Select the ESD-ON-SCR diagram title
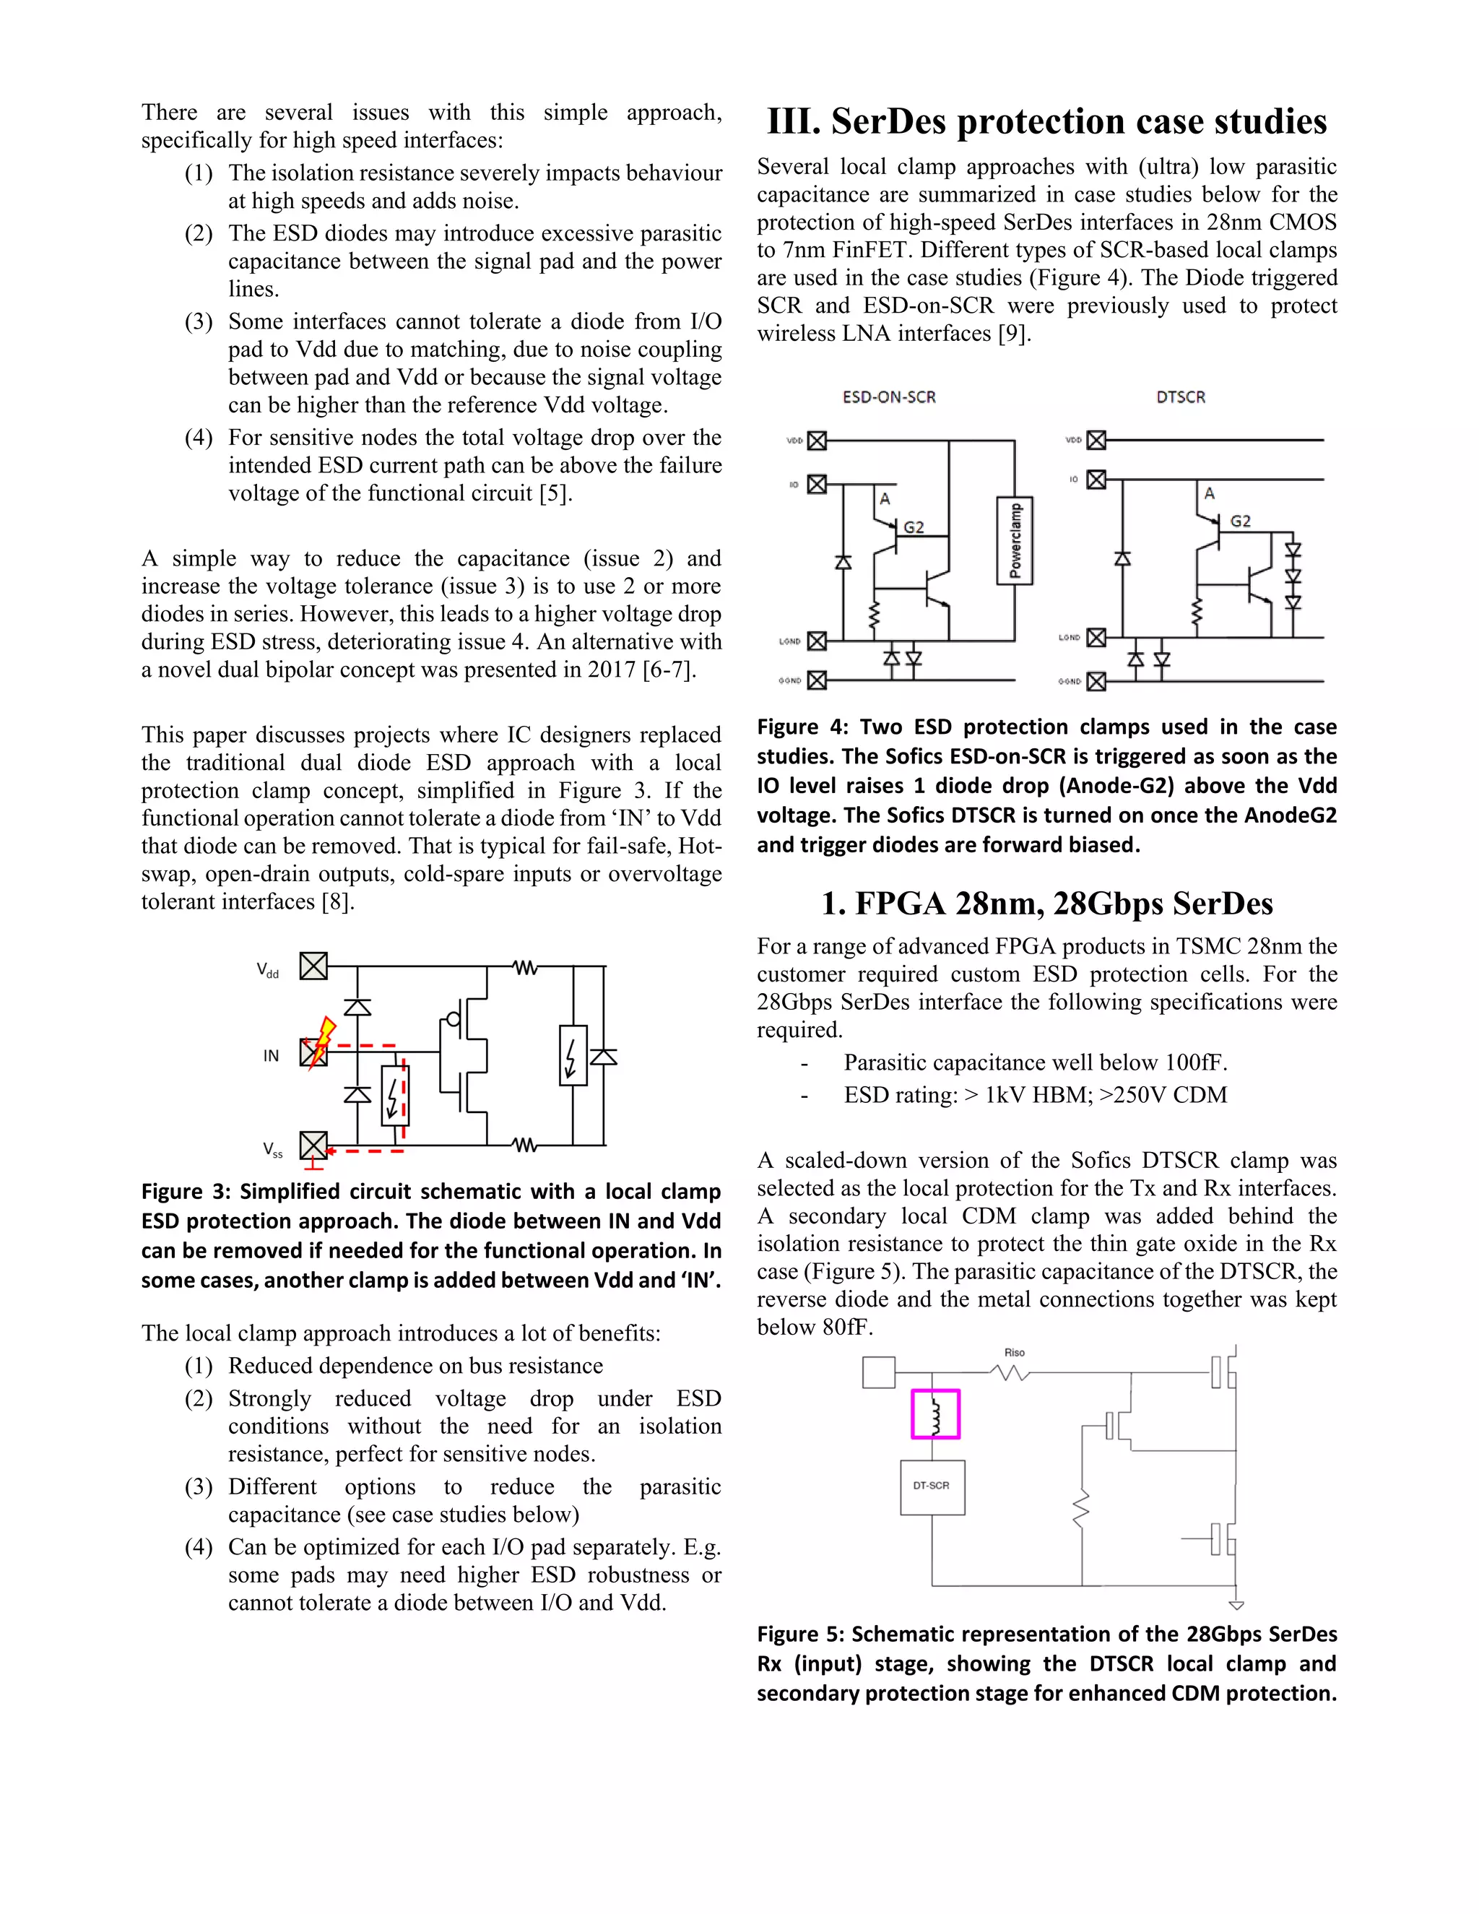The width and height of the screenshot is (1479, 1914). pyautogui.click(x=888, y=397)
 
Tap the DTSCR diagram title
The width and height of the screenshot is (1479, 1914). pyautogui.click(x=1180, y=397)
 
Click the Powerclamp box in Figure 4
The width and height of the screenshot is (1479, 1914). pyautogui.click(x=1015, y=541)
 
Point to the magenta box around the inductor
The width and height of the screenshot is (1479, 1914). pyautogui.click(x=935, y=1413)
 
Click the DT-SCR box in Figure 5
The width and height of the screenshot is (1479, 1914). pyautogui.click(x=932, y=1486)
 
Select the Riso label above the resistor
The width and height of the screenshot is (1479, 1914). pyautogui.click(x=1014, y=1352)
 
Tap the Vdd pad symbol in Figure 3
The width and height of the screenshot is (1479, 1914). pyautogui.click(x=313, y=966)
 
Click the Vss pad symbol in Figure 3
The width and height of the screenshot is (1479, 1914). pyautogui.click(x=313, y=1146)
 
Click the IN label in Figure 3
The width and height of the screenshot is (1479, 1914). pyautogui.click(x=271, y=1056)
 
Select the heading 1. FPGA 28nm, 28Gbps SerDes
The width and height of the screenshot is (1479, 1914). pyautogui.click(x=1046, y=904)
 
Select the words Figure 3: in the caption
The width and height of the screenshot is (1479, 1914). pyautogui.click(x=185, y=1192)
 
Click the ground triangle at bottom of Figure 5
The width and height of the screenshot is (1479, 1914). pyautogui.click(x=1236, y=1606)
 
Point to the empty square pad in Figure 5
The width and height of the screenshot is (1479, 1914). pyautogui.click(x=878, y=1372)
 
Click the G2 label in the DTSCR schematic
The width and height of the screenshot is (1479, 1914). pyautogui.click(x=1240, y=521)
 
